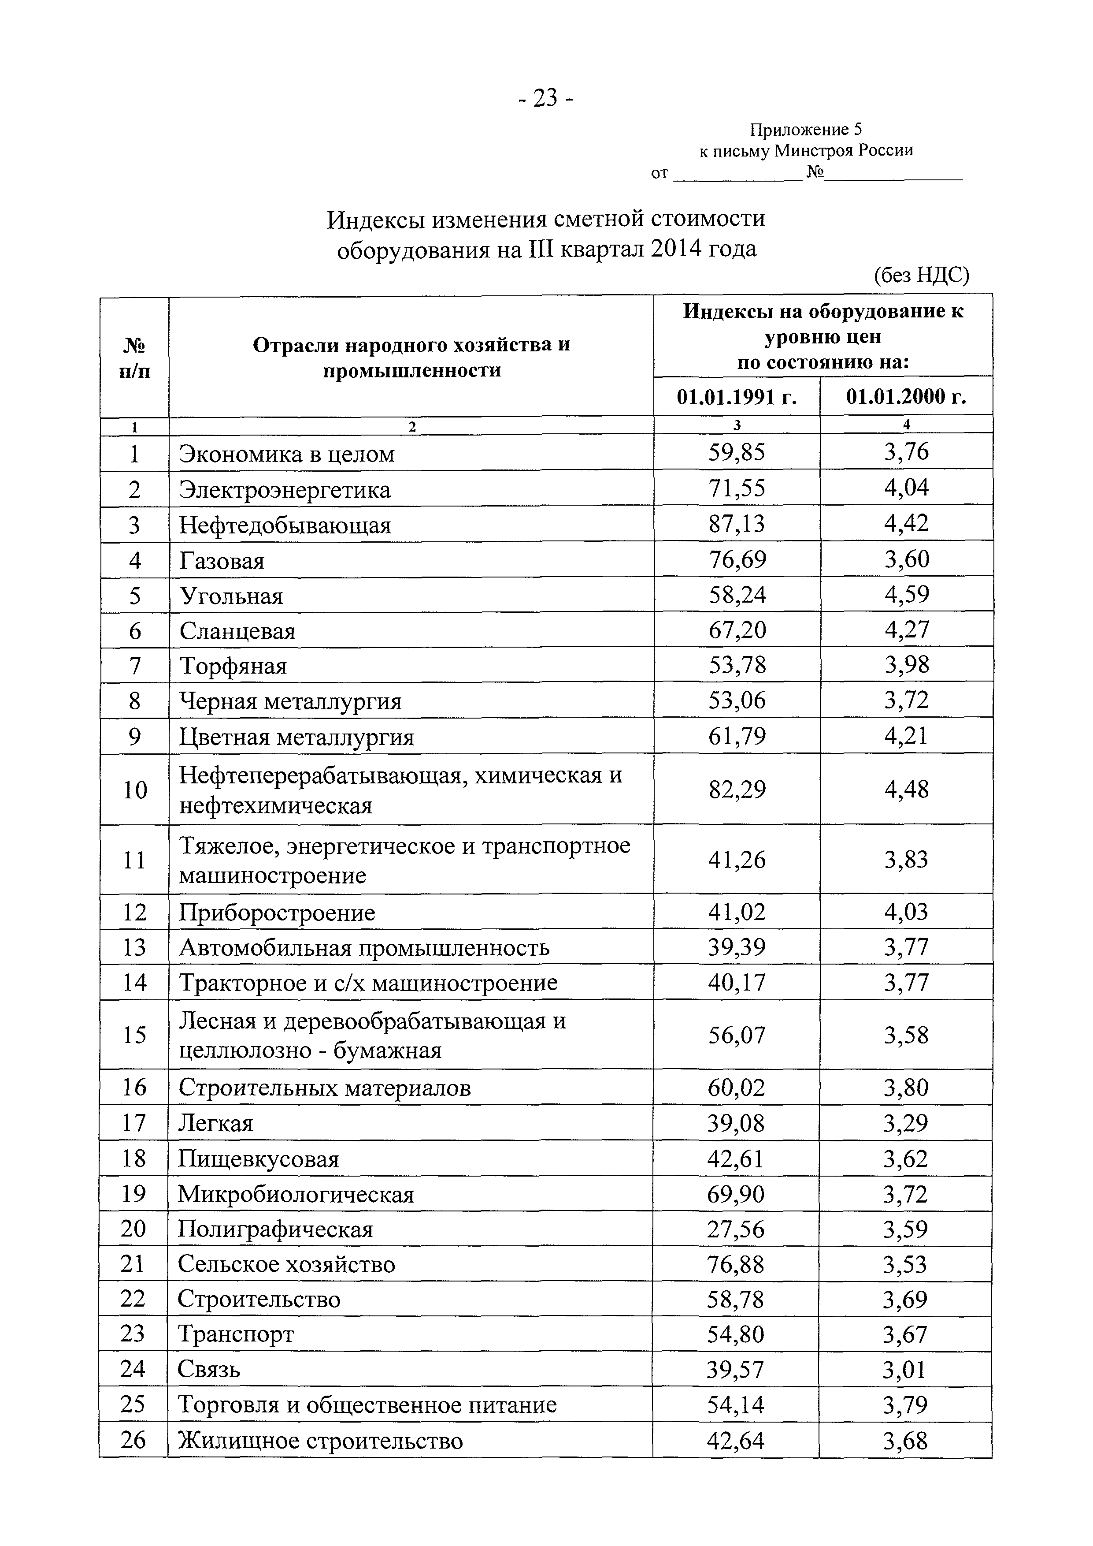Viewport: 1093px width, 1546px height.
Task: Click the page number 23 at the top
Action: (x=546, y=98)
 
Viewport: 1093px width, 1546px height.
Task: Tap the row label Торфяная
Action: (x=233, y=666)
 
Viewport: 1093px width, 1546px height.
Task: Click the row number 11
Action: (x=135, y=861)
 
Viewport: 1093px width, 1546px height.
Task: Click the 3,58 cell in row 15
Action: (x=906, y=1035)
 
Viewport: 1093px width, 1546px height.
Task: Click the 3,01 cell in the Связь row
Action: (x=904, y=1370)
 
